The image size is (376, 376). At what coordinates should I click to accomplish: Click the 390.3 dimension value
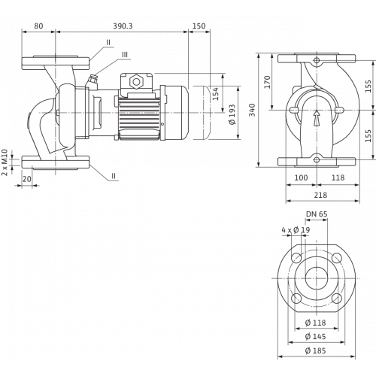coord(123,26)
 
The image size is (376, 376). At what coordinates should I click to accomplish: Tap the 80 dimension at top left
coord(38,26)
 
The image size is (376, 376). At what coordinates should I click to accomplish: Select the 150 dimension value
coord(199,26)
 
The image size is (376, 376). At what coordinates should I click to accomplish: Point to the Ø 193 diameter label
coord(232,114)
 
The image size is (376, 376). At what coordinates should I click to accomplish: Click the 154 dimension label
coord(215,93)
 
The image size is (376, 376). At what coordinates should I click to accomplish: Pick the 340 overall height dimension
coord(252,110)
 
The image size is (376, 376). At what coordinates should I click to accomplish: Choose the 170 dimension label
coord(268,82)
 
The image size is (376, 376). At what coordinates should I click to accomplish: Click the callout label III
coord(125,55)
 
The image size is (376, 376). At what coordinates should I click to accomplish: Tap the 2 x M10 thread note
coord(5,162)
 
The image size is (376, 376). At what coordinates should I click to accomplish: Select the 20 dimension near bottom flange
coord(27,179)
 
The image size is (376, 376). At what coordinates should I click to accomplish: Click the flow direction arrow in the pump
coord(317,119)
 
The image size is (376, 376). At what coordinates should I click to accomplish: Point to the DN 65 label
coord(317,214)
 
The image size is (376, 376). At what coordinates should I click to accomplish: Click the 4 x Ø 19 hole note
coord(296,230)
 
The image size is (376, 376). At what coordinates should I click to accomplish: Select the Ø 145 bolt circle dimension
coord(316,336)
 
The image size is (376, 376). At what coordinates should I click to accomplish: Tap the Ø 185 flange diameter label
coord(316,350)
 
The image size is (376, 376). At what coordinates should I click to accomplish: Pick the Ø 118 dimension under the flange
coord(316,323)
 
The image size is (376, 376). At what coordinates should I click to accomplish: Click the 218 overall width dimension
coord(320,195)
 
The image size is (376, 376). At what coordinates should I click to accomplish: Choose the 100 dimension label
coord(301,177)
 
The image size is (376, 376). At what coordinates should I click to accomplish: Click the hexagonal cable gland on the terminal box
coord(136,82)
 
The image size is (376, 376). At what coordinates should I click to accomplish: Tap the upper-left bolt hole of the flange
coord(296,258)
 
